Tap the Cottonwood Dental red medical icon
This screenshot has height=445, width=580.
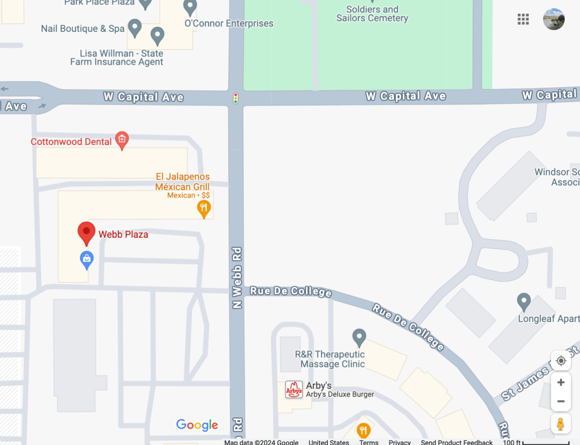pos(121,140)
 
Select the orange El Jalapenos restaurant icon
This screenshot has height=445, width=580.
pos(204,209)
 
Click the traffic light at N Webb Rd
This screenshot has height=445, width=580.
pos(236,98)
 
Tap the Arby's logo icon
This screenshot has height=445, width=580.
pos(294,389)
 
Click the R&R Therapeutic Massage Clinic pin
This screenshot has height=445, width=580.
pos(359,338)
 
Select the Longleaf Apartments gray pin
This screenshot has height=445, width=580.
pos(524,301)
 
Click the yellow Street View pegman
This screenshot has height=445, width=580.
pos(560,424)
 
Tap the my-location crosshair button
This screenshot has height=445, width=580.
pos(561,361)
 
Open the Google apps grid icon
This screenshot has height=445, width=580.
pos(523,19)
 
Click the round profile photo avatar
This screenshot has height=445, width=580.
pos(554,19)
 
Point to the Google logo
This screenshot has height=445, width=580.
pos(197,425)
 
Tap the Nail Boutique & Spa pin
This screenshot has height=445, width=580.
pos(134,27)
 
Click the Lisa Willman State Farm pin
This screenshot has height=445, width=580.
pos(158,36)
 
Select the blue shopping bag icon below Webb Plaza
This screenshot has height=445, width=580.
pos(87,260)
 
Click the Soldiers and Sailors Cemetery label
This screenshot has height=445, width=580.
pos(372,14)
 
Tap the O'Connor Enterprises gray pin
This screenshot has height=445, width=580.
pos(190,7)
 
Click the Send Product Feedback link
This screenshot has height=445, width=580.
pos(456,442)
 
